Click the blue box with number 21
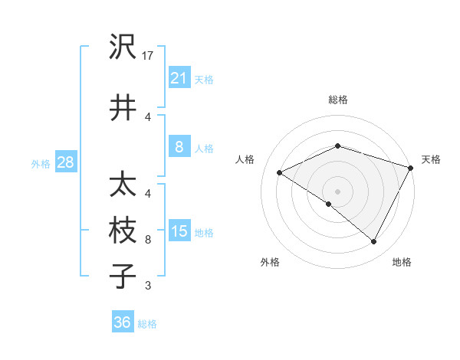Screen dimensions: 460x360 [x=179, y=78]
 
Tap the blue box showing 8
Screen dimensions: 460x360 [x=179, y=147]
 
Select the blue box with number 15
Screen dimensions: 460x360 [x=179, y=231]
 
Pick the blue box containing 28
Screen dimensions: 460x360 [x=65, y=162]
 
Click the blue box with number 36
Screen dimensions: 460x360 [x=123, y=322]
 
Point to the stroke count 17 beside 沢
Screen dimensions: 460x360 [x=149, y=56]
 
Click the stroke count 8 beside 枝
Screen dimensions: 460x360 [x=148, y=240]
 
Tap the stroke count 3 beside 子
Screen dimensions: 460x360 [x=148, y=286]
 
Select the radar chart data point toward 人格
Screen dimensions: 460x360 [x=280, y=173]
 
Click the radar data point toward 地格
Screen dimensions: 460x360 [x=373, y=241]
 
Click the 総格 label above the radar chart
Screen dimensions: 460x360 [x=337, y=100]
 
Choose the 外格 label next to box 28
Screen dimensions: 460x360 [x=40, y=163]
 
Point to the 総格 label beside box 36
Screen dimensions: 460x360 [x=147, y=324]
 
